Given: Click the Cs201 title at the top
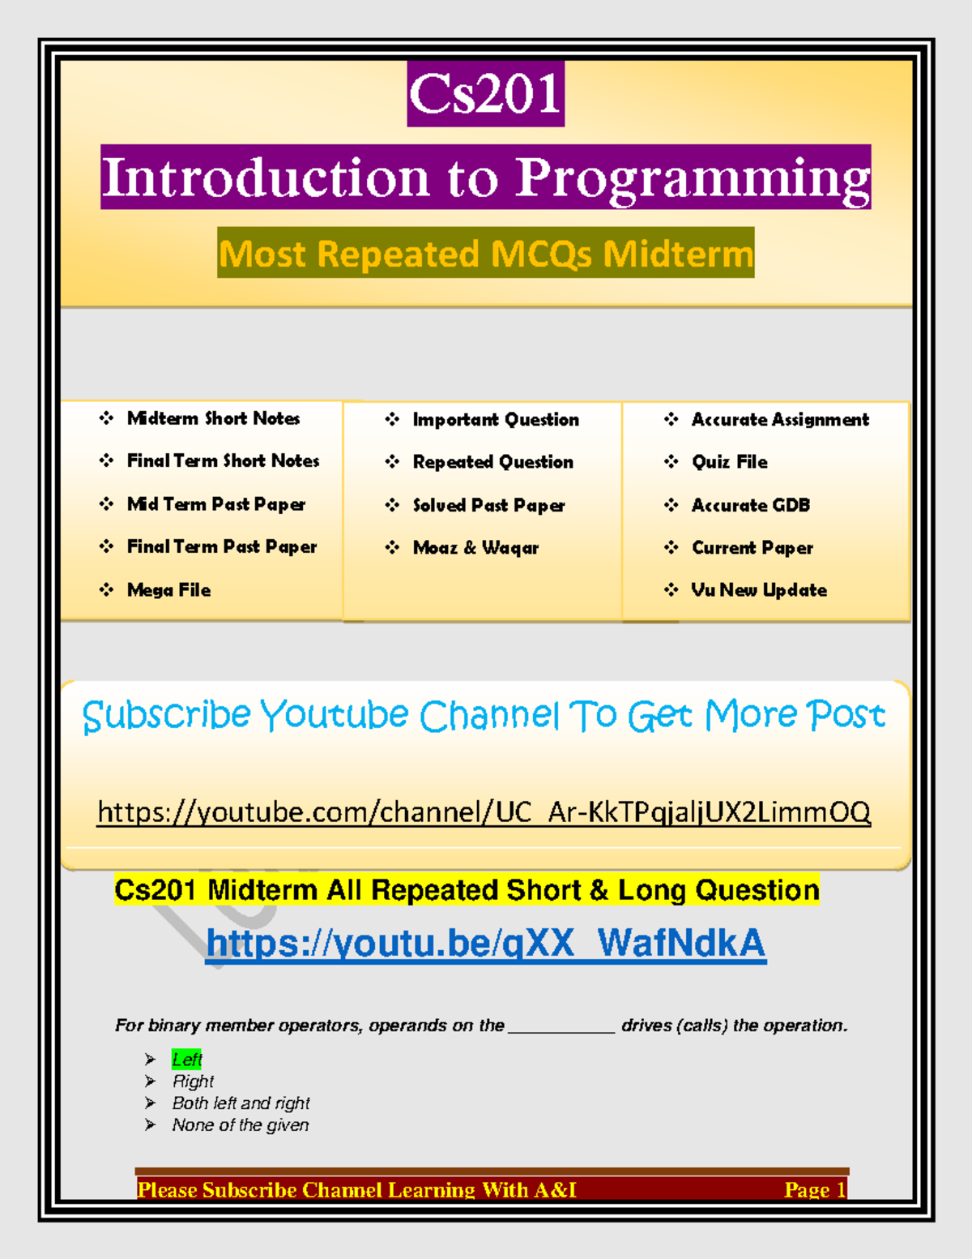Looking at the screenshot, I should tap(484, 94).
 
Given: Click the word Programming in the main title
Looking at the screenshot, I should tap(693, 178).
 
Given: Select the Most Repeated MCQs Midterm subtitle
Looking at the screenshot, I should tap(486, 254).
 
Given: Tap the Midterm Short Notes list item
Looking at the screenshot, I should tap(213, 418).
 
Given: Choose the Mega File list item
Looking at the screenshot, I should tap(168, 590).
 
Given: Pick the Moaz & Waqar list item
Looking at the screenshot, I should tap(475, 548).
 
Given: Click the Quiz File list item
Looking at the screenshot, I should tap(729, 462).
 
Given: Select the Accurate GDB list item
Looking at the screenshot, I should tap(750, 505).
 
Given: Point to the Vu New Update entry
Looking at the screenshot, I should tap(758, 590).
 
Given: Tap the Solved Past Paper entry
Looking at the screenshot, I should tap(488, 505).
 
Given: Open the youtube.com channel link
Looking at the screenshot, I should tap(484, 811).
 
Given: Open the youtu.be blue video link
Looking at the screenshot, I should tap(486, 943).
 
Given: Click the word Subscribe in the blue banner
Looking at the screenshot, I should tap(167, 716).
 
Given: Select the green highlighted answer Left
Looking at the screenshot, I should tap(186, 1060).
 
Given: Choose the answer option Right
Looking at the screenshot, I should tap(193, 1081).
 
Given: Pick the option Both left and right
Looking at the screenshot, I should tap(241, 1103).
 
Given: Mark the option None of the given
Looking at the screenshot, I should tap(240, 1125).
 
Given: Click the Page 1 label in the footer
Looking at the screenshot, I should tap(814, 1189).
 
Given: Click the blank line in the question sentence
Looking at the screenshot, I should tap(561, 1028).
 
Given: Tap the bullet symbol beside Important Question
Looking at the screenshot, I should tap(393, 419).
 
